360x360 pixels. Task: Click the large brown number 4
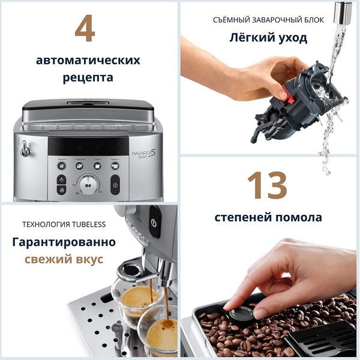[x=85, y=28]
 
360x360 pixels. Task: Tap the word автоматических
[x=88, y=60]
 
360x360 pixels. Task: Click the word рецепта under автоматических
[x=88, y=78]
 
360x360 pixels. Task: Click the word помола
[x=297, y=217]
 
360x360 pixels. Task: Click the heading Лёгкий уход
[x=269, y=38]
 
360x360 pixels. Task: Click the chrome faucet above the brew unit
[x=343, y=11]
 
